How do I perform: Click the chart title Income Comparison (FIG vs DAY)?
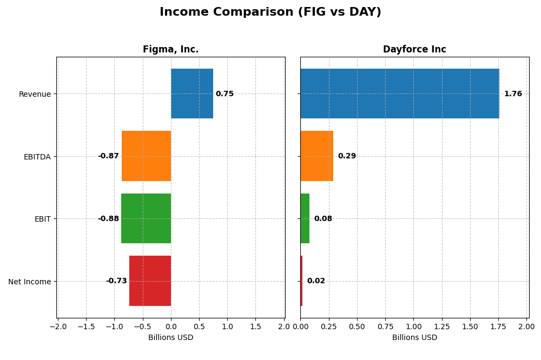(x=270, y=12)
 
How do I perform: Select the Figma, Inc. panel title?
(x=170, y=50)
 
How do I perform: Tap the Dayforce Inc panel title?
(x=414, y=50)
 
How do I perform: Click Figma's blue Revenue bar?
(x=192, y=94)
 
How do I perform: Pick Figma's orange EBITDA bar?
(x=146, y=156)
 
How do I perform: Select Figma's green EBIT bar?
(x=146, y=218)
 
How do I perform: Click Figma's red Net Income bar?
(x=150, y=281)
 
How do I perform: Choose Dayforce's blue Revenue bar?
(x=399, y=94)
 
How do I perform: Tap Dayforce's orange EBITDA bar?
(x=316, y=156)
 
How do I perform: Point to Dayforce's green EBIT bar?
(x=305, y=218)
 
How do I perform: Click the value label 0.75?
(x=225, y=94)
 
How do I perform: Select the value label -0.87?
(x=108, y=156)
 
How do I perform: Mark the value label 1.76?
(x=513, y=94)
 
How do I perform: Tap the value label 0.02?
(x=316, y=281)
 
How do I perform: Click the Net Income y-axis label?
(x=29, y=282)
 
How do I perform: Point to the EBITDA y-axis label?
(x=37, y=157)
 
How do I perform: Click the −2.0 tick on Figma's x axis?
(x=58, y=326)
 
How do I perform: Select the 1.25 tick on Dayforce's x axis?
(x=441, y=326)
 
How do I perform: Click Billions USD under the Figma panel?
(x=170, y=338)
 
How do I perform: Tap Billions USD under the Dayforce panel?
(x=414, y=338)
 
